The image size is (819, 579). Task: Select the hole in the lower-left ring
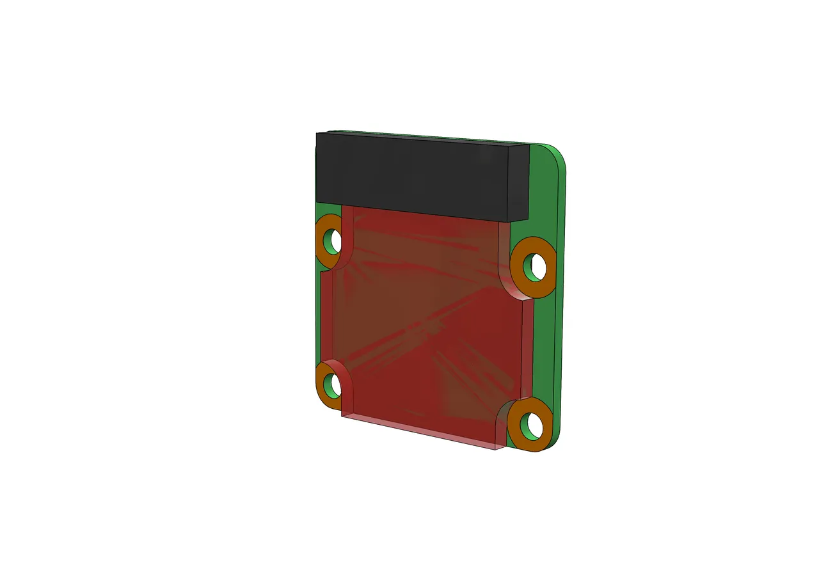pyautogui.click(x=333, y=384)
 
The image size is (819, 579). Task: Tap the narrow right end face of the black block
pyautogui.click(x=518, y=182)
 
